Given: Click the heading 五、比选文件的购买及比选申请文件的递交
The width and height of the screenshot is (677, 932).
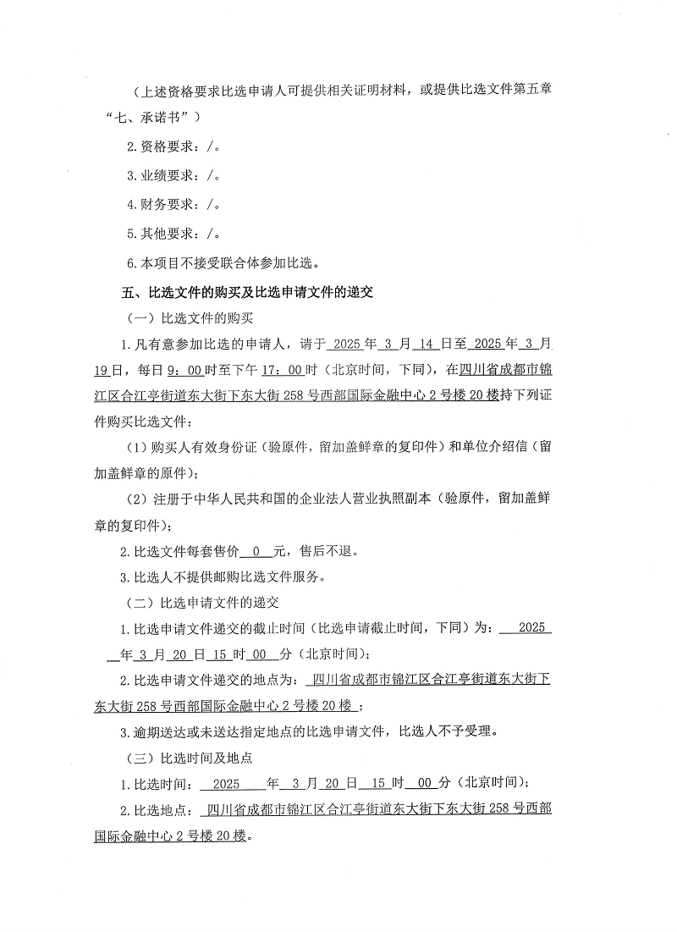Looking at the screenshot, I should click(247, 293).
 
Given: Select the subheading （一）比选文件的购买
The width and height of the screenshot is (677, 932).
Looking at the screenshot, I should click(184, 319).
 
